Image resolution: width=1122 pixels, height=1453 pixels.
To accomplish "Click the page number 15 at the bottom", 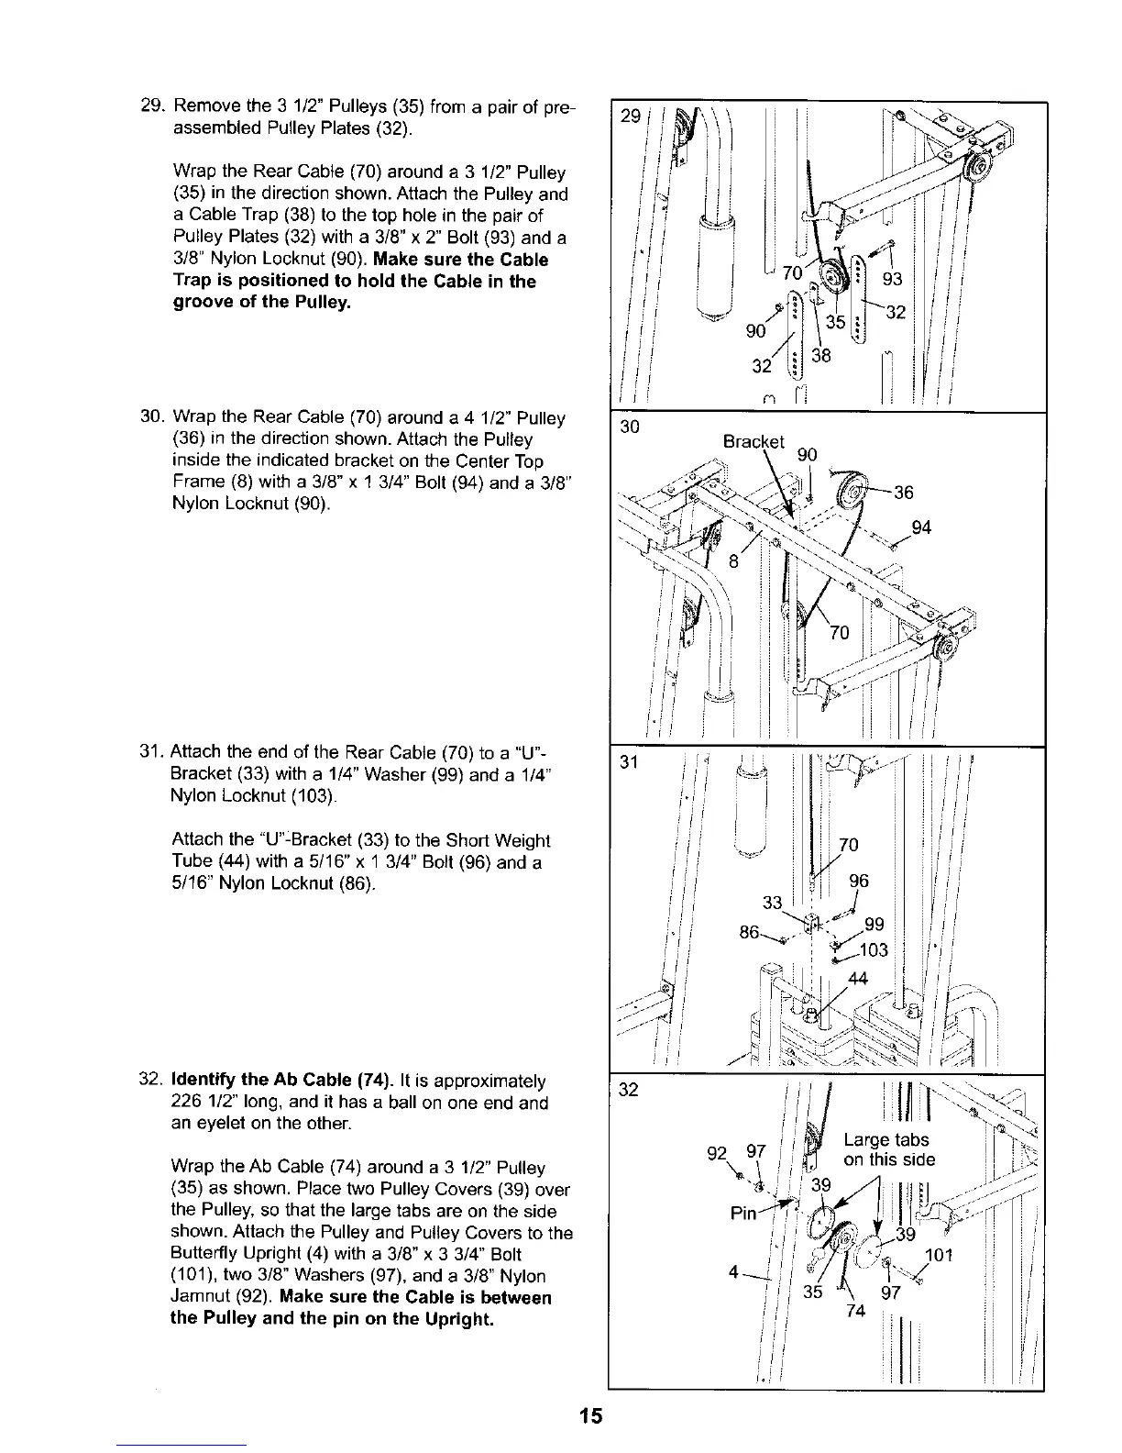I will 591,1415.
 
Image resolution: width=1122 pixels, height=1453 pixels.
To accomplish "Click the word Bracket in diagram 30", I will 753,441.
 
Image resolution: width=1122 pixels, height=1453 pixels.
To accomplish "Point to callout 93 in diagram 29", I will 892,279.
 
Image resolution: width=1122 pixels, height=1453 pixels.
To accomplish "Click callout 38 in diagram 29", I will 820,356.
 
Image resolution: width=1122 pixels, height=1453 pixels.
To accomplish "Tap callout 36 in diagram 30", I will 904,493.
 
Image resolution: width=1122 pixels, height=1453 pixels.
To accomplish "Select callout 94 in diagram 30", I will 923,527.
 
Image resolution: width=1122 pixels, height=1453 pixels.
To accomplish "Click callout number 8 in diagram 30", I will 733,562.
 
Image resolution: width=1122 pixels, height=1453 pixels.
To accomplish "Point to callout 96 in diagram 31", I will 858,882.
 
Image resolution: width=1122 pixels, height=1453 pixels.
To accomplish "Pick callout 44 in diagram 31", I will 858,979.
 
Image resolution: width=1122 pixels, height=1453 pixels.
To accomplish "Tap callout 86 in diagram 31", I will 749,933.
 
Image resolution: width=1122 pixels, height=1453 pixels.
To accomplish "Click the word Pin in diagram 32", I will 743,1213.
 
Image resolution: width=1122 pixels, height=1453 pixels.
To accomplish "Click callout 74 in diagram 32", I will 856,1311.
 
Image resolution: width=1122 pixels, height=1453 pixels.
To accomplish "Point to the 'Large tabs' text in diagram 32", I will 885,1140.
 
